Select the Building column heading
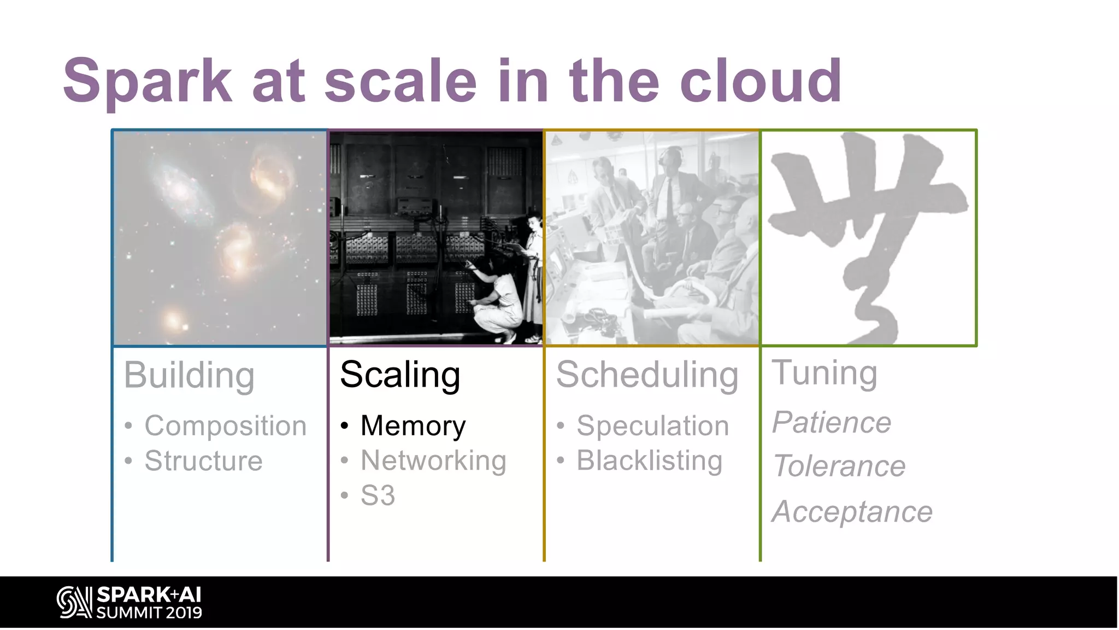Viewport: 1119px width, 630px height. pyautogui.click(x=189, y=376)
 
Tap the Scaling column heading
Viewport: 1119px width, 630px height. pyautogui.click(x=400, y=375)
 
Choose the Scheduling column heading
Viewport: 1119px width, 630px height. pyautogui.click(x=647, y=375)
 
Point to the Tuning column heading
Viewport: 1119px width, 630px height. pyautogui.click(x=824, y=373)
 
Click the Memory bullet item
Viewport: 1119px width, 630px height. pyautogui.click(x=413, y=425)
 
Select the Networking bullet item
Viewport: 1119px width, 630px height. pyautogui.click(x=433, y=460)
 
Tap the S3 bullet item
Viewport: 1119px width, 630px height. pyautogui.click(x=378, y=495)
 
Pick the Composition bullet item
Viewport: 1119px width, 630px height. pyautogui.click(x=225, y=425)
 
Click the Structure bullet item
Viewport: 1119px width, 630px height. pyautogui.click(x=203, y=460)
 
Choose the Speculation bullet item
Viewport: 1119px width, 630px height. pyautogui.click(x=652, y=425)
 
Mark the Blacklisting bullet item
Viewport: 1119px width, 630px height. pyautogui.click(x=649, y=460)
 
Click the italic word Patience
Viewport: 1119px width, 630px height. pyautogui.click(x=831, y=422)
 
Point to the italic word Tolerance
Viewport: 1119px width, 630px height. pyautogui.click(x=839, y=466)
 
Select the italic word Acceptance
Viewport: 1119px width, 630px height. pyautogui.click(x=852, y=512)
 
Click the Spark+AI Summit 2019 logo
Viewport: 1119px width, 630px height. pyautogui.click(x=129, y=603)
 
